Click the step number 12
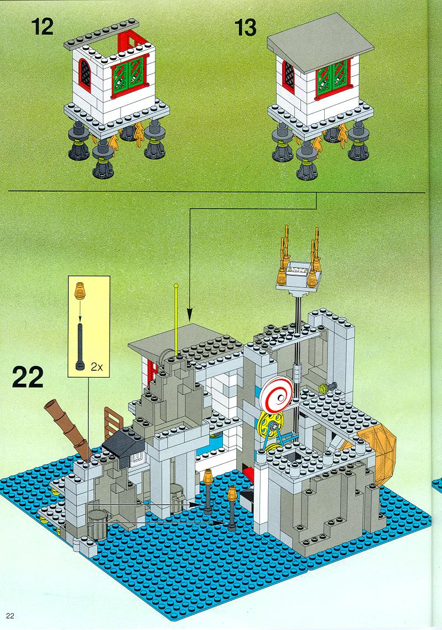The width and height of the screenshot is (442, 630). [x=42, y=27]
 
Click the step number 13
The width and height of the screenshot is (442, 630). [x=245, y=28]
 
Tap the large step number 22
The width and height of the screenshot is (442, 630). [x=28, y=377]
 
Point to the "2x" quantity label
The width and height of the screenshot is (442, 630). [x=97, y=367]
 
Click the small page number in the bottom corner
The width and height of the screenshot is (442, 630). [x=11, y=616]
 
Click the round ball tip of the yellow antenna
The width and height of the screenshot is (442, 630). [x=176, y=286]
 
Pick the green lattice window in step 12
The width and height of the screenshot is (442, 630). [x=130, y=75]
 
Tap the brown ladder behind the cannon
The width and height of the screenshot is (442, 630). [x=113, y=423]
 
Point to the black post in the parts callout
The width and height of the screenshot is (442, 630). [x=81, y=347]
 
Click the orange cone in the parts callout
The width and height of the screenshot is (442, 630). [x=80, y=291]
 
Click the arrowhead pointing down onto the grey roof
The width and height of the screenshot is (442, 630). [x=190, y=314]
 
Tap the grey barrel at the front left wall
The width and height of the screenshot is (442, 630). [x=98, y=525]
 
